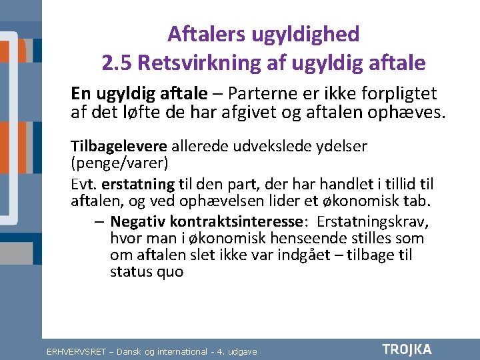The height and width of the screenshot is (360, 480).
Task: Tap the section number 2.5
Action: click(x=118, y=63)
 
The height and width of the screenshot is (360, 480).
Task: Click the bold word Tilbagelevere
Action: click(x=119, y=145)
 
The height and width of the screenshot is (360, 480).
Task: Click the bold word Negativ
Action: click(x=137, y=221)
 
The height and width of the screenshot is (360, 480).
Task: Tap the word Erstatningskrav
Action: click(x=373, y=221)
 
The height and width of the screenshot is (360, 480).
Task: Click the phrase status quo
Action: click(x=146, y=272)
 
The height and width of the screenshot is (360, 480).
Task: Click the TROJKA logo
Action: click(x=407, y=349)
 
